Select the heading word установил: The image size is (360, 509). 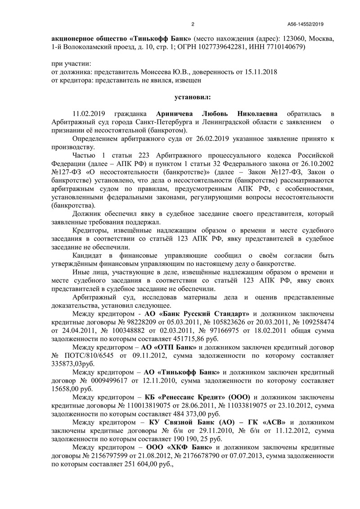pyautogui.click(x=192, y=96)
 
